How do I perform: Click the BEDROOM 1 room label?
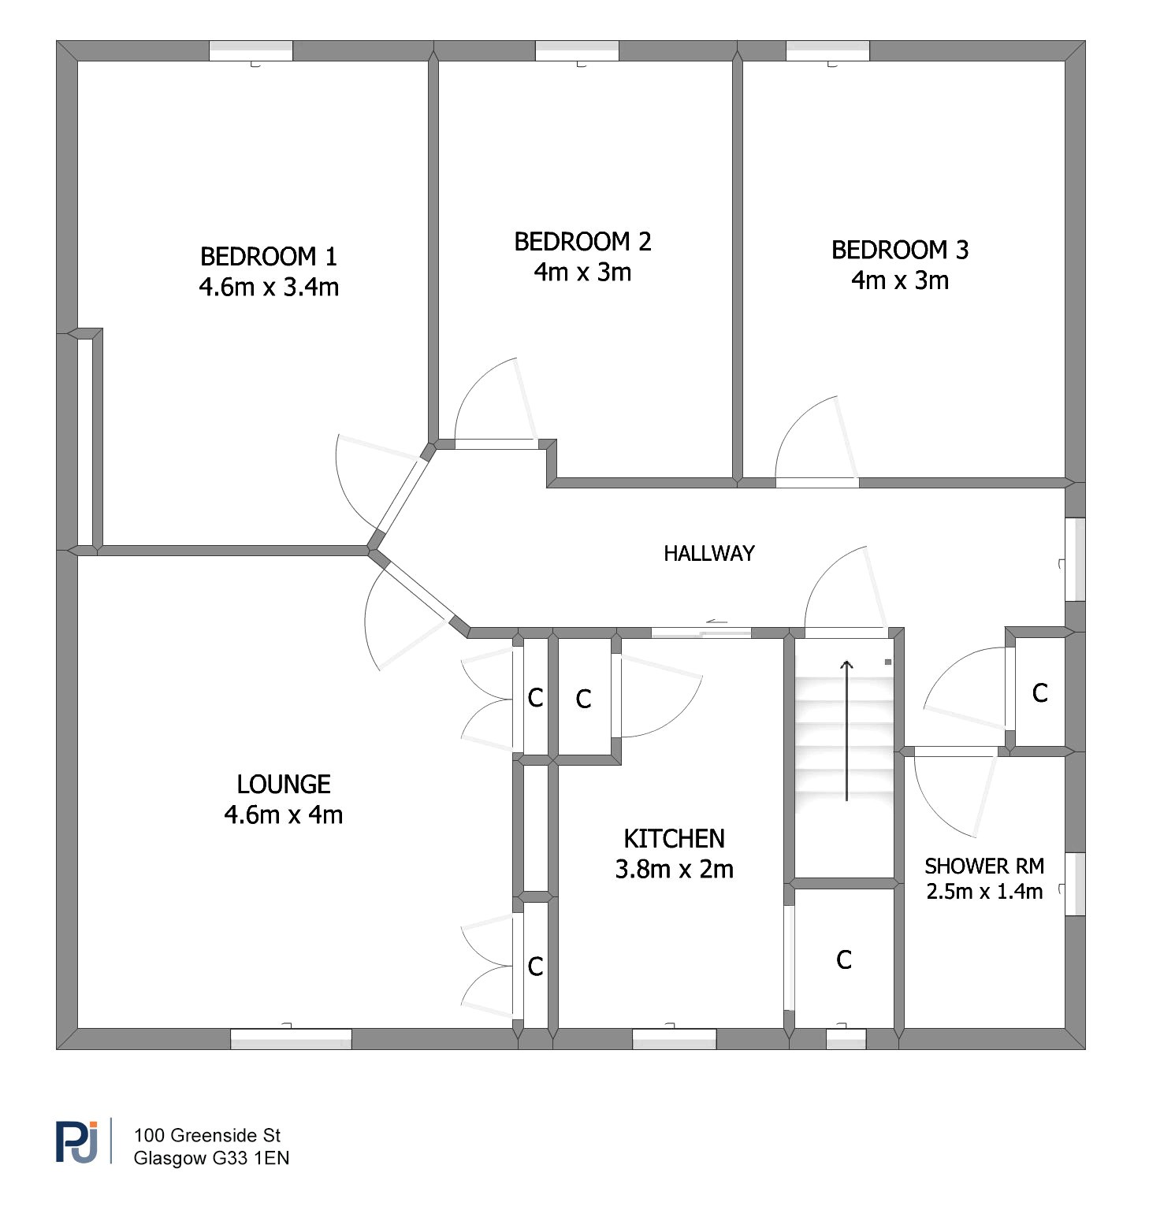(x=269, y=257)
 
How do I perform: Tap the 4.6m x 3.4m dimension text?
(x=269, y=287)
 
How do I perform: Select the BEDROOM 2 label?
(x=582, y=242)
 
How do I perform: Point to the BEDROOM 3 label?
(x=900, y=250)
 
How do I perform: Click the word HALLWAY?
(x=709, y=554)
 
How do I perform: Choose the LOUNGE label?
(x=284, y=785)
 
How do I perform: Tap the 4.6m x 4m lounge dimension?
(x=284, y=815)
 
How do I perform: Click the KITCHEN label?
(x=674, y=839)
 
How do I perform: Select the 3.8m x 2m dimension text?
(x=674, y=869)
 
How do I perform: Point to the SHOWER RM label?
(x=984, y=866)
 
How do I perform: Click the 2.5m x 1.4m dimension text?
(x=984, y=892)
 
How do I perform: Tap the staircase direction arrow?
(x=847, y=731)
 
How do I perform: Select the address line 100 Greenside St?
(x=207, y=1136)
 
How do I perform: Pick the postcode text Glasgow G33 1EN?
(x=211, y=1159)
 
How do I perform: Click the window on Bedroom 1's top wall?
(x=251, y=51)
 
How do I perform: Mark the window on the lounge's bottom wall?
(x=291, y=1039)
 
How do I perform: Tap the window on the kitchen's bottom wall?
(x=675, y=1039)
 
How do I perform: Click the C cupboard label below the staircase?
(x=844, y=960)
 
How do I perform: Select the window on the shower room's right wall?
(x=1076, y=884)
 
